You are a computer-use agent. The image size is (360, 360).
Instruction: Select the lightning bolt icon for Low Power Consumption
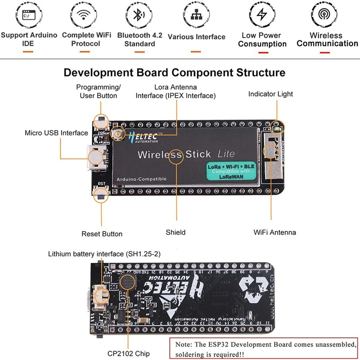(x=262, y=14)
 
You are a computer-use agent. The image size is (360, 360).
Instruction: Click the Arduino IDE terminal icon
(x=28, y=15)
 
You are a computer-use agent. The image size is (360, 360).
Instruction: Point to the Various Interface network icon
(x=196, y=15)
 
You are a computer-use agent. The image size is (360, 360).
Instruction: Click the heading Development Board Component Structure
(x=174, y=72)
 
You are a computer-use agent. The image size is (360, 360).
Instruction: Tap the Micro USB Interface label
(x=56, y=133)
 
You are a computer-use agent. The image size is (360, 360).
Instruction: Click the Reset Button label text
(x=102, y=234)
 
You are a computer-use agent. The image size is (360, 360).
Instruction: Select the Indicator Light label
(x=270, y=94)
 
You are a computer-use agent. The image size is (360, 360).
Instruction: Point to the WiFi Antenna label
(x=274, y=232)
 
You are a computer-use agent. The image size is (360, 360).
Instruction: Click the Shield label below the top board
(x=175, y=232)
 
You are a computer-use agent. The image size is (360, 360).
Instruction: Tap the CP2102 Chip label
(x=129, y=354)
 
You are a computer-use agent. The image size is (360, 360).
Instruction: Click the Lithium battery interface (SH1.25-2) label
(x=104, y=254)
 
